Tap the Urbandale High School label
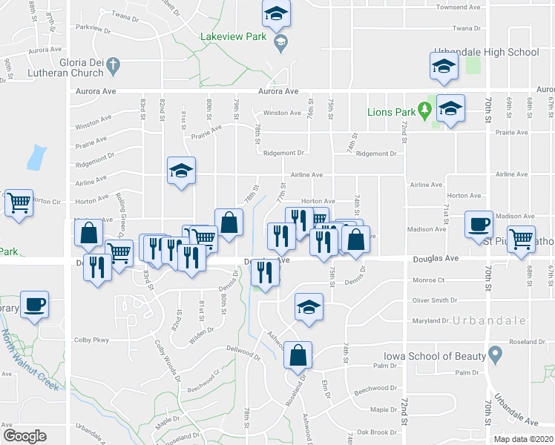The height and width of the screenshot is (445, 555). click(493, 52)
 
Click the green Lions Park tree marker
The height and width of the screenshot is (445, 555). click(424, 111)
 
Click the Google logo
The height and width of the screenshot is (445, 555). click(24, 436)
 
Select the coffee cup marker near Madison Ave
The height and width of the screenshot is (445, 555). click(479, 223)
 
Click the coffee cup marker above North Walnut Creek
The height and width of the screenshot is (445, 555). click(34, 303)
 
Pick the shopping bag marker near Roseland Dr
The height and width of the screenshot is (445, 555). click(298, 355)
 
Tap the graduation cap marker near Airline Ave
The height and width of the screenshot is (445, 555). click(181, 171)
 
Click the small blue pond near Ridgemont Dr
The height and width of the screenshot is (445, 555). click(33, 158)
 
